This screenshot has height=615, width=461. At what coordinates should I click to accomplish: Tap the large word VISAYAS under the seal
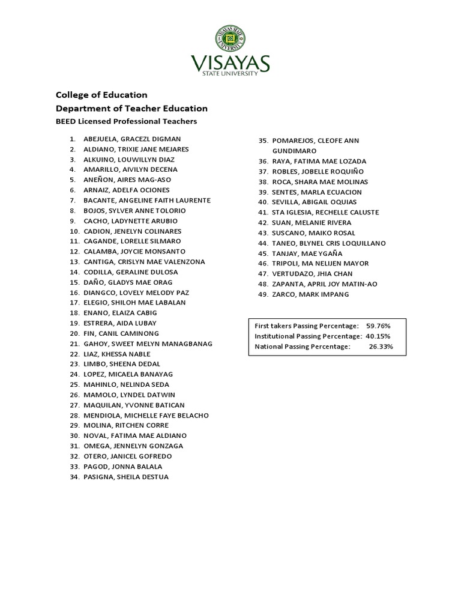(x=230, y=62)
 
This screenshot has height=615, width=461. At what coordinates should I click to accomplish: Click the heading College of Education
(x=101, y=95)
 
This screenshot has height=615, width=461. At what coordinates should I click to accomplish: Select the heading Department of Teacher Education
(x=131, y=109)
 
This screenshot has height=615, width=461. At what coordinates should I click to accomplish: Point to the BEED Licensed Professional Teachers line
(x=126, y=121)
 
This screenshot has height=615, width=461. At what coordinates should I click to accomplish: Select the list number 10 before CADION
(x=74, y=231)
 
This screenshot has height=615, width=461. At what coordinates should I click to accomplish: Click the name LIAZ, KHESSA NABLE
(x=117, y=354)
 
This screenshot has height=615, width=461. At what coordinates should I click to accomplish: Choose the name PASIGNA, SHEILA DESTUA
(x=126, y=477)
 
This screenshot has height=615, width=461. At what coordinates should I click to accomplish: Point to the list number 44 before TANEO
(x=262, y=243)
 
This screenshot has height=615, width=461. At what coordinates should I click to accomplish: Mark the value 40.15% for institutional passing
(x=378, y=336)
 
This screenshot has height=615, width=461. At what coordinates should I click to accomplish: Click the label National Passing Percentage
(x=302, y=347)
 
